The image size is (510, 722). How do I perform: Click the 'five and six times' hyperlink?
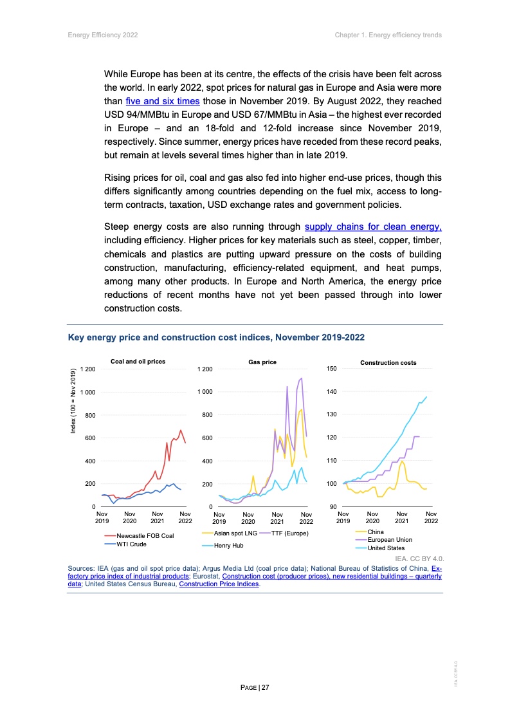point(162,101)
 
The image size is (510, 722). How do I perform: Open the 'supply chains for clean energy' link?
point(373,227)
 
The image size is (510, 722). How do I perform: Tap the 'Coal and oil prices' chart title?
point(138,362)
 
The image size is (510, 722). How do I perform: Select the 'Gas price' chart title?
point(262,362)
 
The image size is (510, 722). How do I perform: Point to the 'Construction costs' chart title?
point(388,363)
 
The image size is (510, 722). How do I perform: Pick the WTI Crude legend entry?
point(131,544)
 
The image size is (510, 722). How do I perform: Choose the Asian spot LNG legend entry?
point(235,533)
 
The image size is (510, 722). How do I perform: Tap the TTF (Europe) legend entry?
point(289,533)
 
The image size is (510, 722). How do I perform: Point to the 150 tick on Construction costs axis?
point(332,369)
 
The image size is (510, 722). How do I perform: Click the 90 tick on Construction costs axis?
point(333,507)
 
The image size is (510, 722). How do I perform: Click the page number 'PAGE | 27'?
point(255,688)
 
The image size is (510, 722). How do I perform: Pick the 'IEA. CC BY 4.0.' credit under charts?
point(420,559)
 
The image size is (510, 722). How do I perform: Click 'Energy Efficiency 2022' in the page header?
point(102,35)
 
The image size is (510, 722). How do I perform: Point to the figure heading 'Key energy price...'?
point(217,337)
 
